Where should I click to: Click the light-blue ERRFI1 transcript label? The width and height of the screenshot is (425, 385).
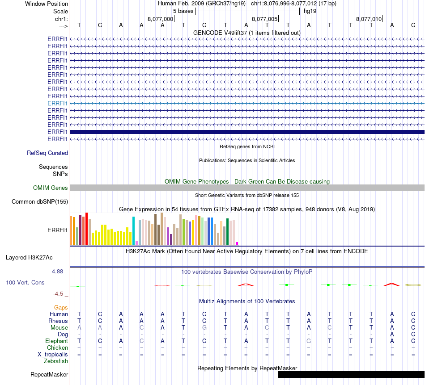(x=57, y=103)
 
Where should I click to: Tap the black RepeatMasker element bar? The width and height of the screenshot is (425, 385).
(x=351, y=374)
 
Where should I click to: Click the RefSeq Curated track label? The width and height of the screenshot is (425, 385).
(x=47, y=153)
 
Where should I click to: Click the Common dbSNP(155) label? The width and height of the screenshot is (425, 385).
(x=40, y=202)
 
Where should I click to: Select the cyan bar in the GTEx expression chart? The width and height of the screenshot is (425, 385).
(x=134, y=231)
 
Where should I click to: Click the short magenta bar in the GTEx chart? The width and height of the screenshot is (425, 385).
(x=237, y=243)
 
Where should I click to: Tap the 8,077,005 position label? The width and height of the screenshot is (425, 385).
(x=264, y=19)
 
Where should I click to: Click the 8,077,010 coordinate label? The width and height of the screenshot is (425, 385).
(x=369, y=19)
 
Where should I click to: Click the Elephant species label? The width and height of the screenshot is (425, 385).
(x=57, y=341)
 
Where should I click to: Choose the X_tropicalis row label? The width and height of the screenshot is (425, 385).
(x=53, y=354)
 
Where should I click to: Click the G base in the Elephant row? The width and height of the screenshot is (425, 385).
(x=309, y=341)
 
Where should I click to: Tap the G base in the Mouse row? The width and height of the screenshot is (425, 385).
(x=204, y=327)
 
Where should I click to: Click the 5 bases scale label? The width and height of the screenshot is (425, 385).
(x=183, y=10)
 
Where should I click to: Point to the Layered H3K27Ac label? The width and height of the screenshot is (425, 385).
(x=29, y=257)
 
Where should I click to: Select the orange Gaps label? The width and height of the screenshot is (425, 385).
(x=61, y=307)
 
